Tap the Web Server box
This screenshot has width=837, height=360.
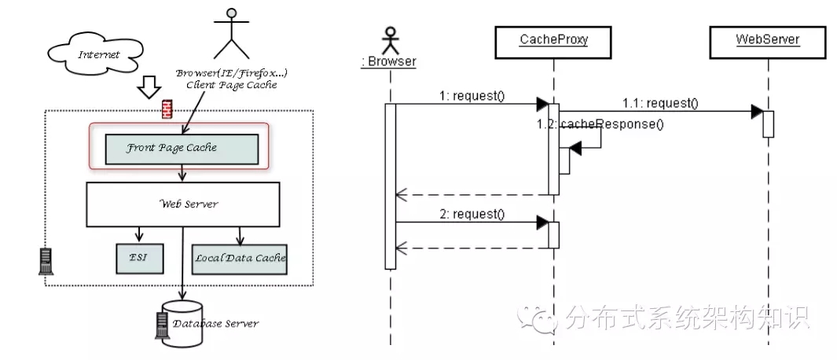183,204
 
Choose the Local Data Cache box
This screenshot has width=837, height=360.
239,257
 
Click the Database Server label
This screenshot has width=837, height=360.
215,323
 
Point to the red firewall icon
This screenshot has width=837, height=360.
166,110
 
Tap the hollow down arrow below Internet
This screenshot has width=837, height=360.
148,88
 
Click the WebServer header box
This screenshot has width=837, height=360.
767,39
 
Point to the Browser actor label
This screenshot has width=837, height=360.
388,61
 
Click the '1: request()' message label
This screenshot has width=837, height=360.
472,97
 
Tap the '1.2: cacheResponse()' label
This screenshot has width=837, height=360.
600,124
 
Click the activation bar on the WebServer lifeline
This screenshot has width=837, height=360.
768,123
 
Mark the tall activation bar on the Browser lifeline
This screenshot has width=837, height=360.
390,186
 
